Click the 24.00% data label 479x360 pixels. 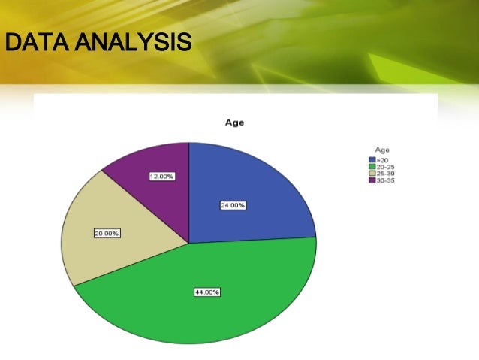point(232,204)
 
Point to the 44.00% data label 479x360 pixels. point(206,292)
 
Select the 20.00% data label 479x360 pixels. point(107,234)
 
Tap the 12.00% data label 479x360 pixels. point(161,177)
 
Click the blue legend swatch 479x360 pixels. point(371,160)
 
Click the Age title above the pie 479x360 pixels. point(234,123)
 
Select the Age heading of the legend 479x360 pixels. point(382,150)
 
